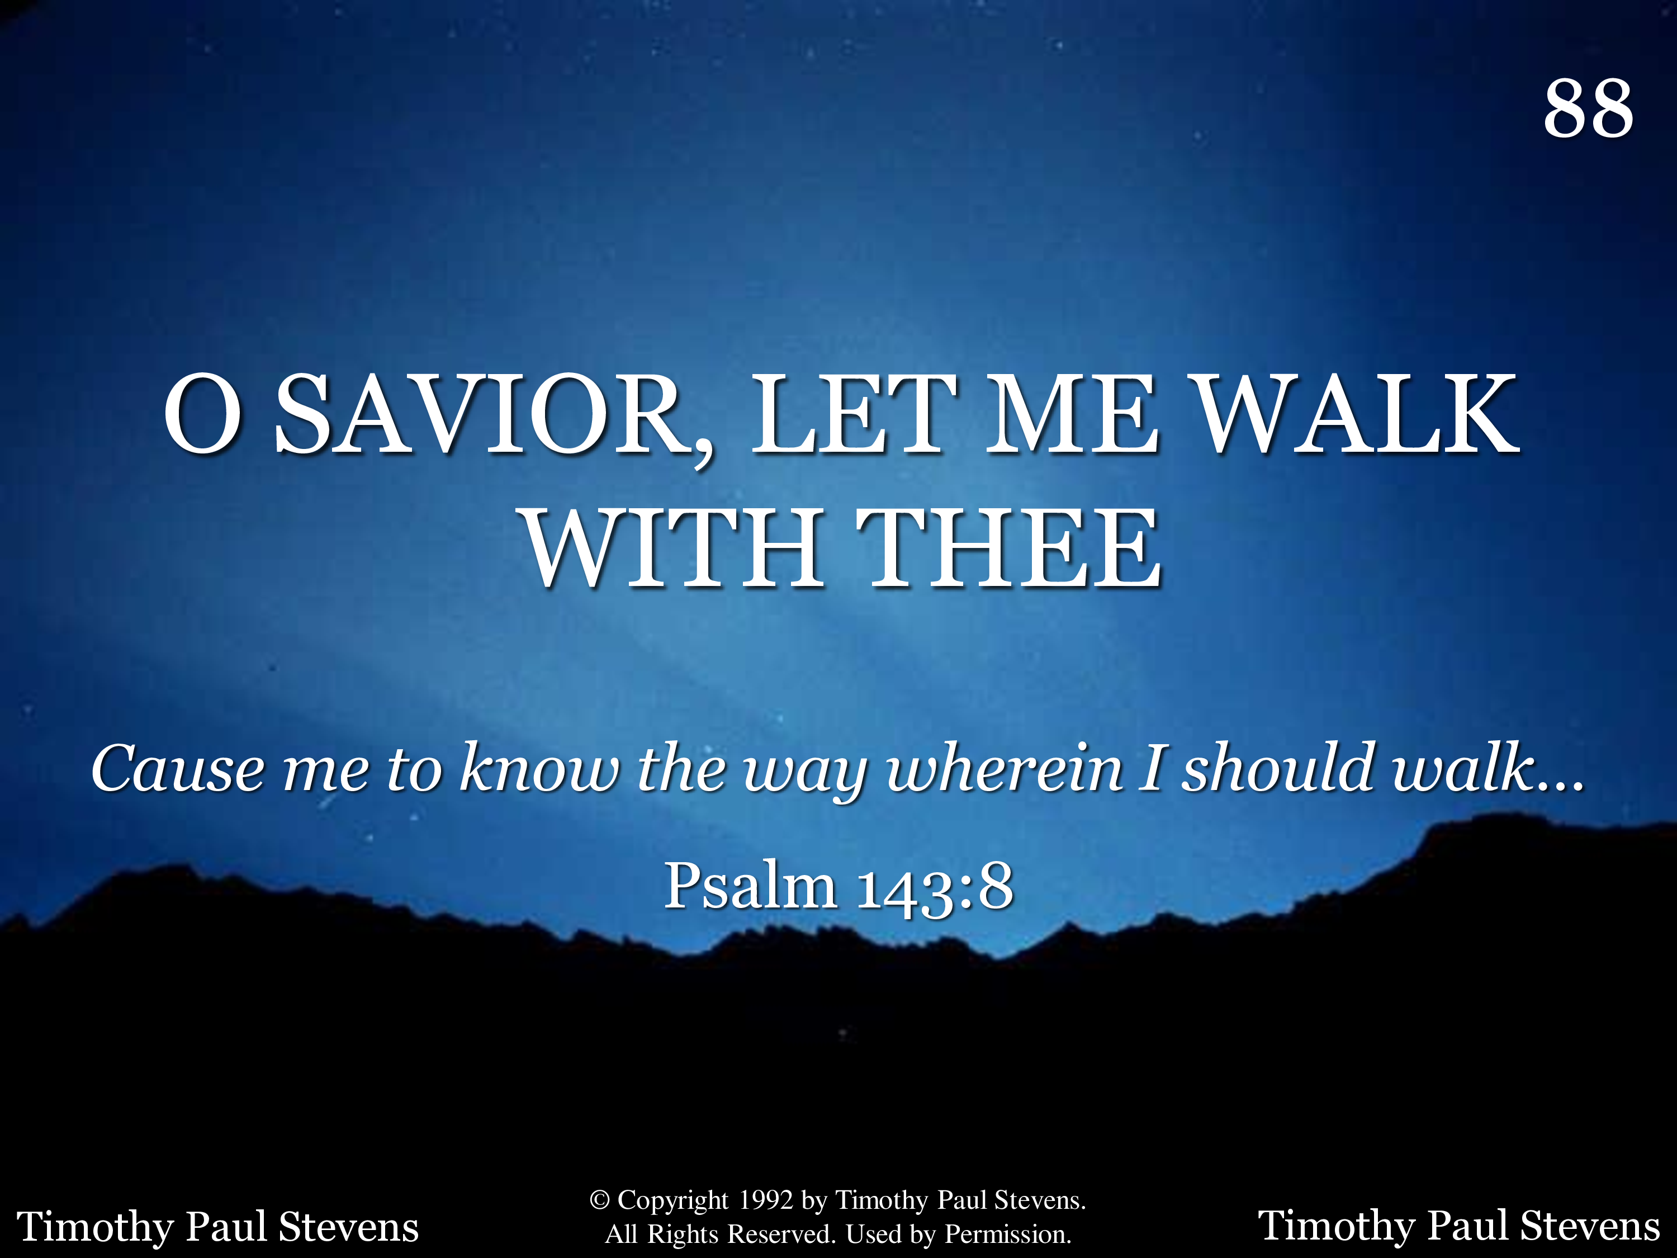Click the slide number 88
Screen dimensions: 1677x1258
1588,108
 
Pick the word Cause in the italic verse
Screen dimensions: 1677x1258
178,768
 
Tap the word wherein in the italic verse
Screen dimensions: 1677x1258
1004,768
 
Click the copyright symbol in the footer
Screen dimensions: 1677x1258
600,1200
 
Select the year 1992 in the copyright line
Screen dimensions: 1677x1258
766,1200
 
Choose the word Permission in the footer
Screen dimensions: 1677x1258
1007,1235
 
